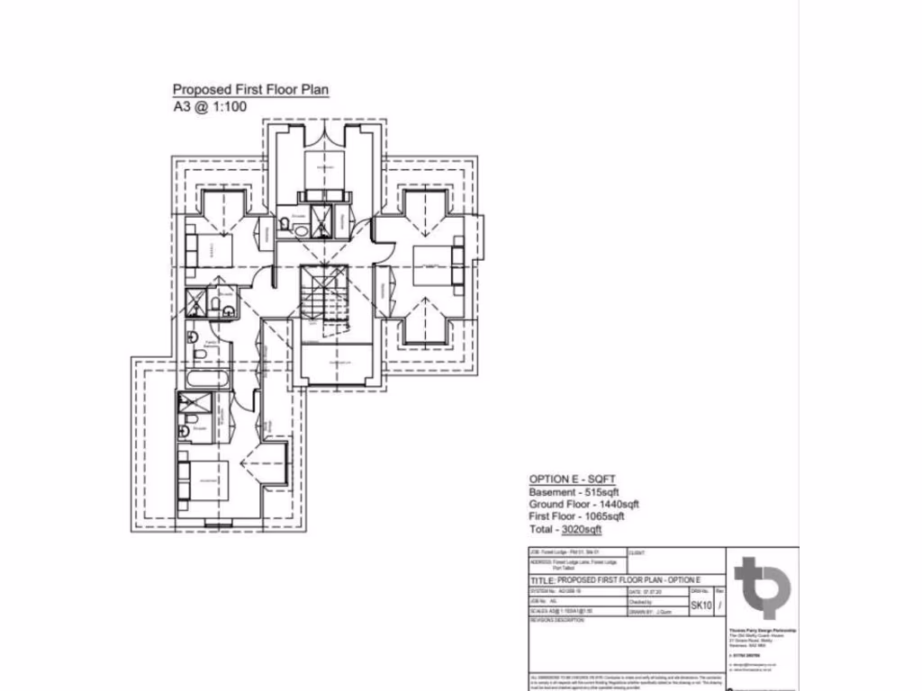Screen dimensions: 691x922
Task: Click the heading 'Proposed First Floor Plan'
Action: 250,89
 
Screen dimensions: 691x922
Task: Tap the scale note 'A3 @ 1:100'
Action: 210,106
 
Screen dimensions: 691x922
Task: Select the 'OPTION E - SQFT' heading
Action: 572,479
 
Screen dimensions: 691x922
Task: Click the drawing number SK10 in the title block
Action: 701,606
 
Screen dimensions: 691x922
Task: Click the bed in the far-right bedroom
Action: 436,266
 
